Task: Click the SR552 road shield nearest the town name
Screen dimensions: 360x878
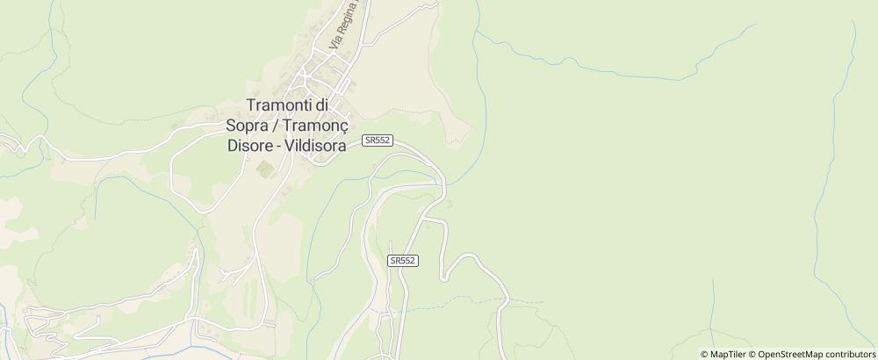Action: pyautogui.click(x=377, y=140)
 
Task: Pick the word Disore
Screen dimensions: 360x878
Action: pyautogui.click(x=248, y=146)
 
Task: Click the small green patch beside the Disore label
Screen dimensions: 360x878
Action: pyautogui.click(x=264, y=167)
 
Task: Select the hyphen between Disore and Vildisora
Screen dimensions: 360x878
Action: pyautogui.click(x=278, y=146)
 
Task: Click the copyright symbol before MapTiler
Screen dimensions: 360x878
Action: pyautogui.click(x=705, y=354)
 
